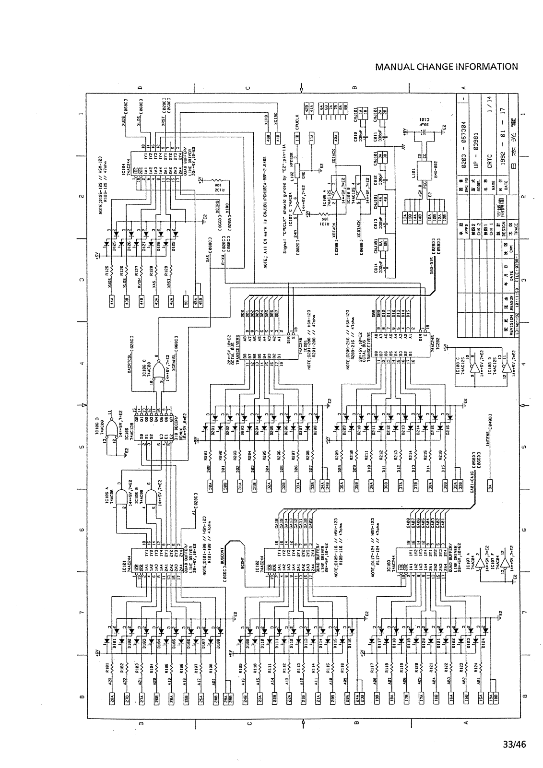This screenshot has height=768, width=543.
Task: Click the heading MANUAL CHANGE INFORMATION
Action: [447, 67]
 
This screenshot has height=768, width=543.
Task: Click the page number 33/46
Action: [514, 744]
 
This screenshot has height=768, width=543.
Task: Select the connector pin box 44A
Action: [111, 301]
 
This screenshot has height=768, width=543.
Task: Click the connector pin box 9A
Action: [490, 485]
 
